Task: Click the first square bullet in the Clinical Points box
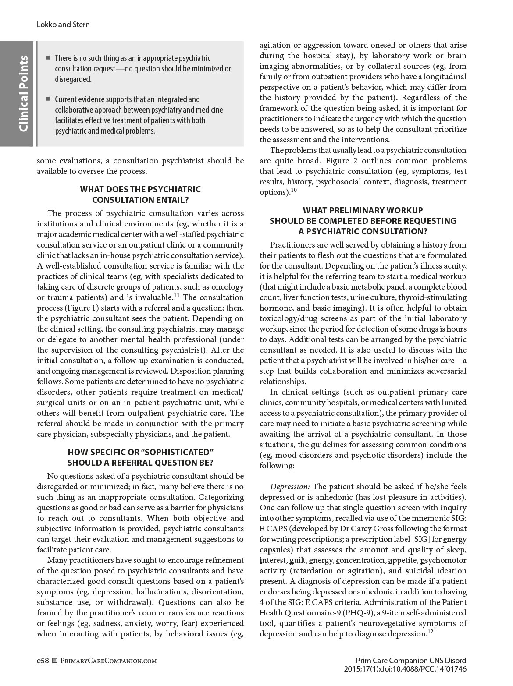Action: coord(48,58)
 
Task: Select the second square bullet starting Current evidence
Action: coord(48,99)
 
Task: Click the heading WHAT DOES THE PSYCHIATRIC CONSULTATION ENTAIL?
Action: coord(140,195)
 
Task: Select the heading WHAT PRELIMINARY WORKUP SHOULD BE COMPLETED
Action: coord(363,221)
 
